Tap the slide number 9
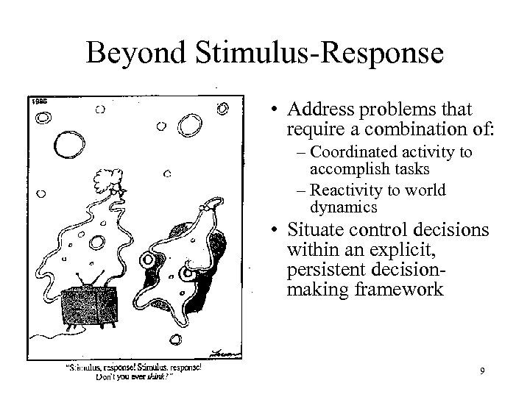481,371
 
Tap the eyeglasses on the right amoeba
167,265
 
